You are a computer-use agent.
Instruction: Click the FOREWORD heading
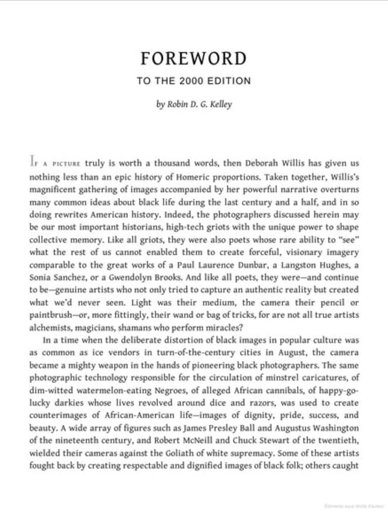(x=193, y=59)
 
